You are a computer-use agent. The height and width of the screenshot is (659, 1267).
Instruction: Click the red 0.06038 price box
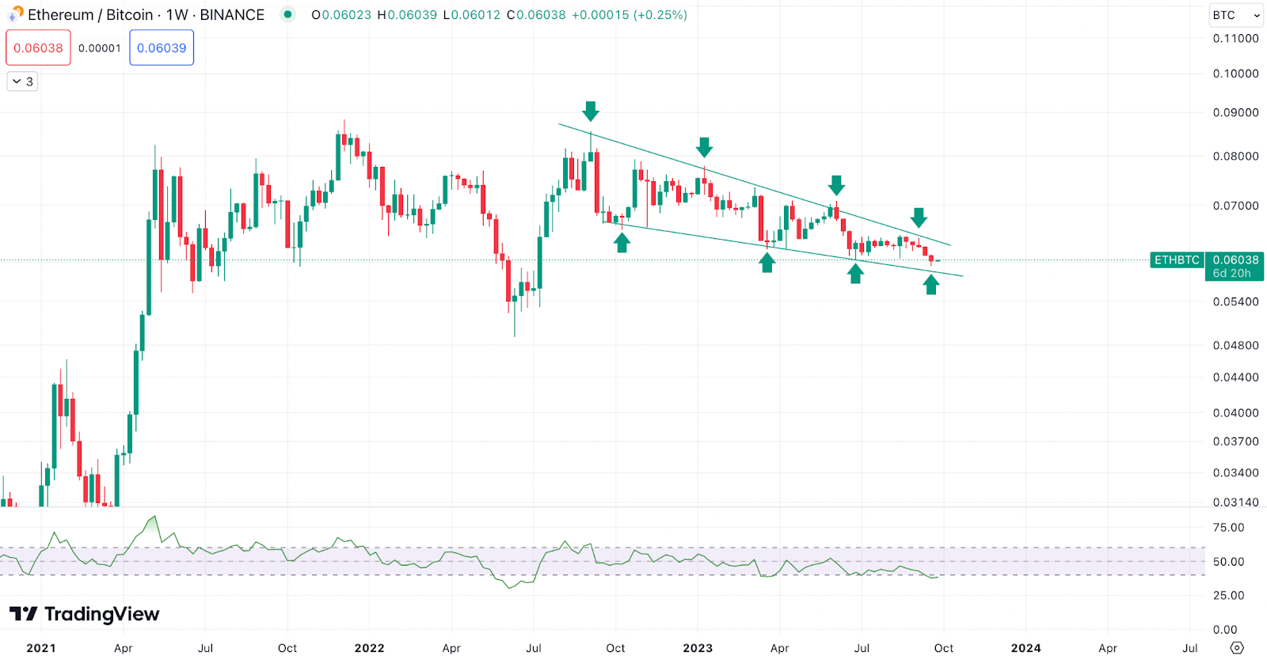point(38,47)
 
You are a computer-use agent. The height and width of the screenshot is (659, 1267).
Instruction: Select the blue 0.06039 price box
point(162,47)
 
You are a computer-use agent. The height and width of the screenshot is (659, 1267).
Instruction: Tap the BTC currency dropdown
point(1235,15)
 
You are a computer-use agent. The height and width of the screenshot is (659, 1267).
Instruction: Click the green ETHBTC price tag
point(1177,259)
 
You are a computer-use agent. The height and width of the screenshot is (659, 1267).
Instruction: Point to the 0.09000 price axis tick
point(1235,112)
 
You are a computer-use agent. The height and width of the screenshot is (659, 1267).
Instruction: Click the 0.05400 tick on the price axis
point(1235,301)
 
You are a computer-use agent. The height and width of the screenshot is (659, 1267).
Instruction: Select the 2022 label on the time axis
point(369,648)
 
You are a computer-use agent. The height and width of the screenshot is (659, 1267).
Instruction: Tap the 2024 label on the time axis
point(1025,648)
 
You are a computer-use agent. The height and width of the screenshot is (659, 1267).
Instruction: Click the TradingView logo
point(84,614)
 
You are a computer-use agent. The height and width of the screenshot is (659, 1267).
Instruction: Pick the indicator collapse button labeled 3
point(22,81)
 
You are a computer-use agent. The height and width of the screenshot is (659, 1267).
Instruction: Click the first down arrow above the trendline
point(591,111)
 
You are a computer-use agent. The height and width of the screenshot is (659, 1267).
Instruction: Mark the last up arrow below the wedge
point(931,284)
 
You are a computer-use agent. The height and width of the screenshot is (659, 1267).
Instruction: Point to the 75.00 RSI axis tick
point(1228,528)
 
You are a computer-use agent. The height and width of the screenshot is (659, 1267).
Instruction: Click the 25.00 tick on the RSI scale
point(1228,595)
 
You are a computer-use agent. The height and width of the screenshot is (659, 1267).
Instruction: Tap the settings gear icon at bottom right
point(1237,648)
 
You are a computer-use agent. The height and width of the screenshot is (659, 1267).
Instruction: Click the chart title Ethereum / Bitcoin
point(90,15)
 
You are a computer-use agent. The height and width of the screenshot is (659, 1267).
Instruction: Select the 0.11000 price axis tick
point(1235,38)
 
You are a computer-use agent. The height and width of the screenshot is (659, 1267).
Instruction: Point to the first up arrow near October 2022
point(622,242)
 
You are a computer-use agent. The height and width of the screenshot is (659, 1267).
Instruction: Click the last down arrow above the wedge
point(919,218)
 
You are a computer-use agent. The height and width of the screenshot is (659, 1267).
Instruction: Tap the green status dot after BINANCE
point(287,14)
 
